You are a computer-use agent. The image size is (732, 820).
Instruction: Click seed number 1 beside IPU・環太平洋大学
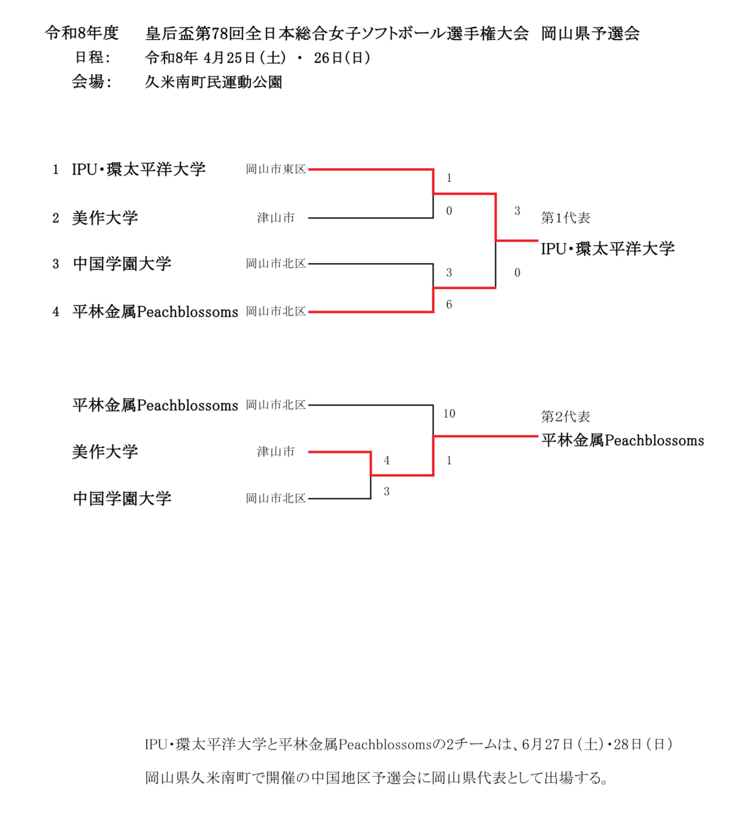pyautogui.click(x=56, y=170)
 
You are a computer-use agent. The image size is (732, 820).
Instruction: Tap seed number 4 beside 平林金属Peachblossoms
pyautogui.click(x=56, y=312)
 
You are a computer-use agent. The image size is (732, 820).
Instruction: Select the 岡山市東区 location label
pyautogui.click(x=276, y=169)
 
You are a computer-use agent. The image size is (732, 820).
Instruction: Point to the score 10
pyautogui.click(x=449, y=414)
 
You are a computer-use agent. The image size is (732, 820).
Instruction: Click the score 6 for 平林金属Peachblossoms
pyautogui.click(x=449, y=305)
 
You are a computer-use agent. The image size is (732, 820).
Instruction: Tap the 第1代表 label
pyautogui.click(x=565, y=218)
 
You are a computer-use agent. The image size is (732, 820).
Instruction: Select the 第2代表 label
pyautogui.click(x=565, y=417)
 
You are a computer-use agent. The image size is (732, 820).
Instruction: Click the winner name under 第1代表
pyautogui.click(x=607, y=249)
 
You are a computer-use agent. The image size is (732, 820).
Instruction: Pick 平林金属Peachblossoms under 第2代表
pyautogui.click(x=622, y=440)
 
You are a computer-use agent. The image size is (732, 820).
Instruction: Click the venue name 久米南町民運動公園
pyautogui.click(x=213, y=82)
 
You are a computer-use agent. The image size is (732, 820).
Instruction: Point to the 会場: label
pyautogui.click(x=91, y=82)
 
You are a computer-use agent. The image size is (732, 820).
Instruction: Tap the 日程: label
pyautogui.click(x=92, y=57)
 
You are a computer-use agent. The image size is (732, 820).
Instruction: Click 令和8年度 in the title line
pyautogui.click(x=82, y=33)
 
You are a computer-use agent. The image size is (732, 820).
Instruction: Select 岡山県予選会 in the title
pyautogui.click(x=590, y=33)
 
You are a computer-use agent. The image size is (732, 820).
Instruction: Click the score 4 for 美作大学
pyautogui.click(x=386, y=461)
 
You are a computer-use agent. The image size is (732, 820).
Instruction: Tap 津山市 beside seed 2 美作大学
pyautogui.click(x=276, y=218)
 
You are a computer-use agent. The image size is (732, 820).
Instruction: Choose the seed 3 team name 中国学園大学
pyautogui.click(x=122, y=264)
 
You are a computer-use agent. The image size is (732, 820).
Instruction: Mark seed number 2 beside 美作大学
pyautogui.click(x=56, y=219)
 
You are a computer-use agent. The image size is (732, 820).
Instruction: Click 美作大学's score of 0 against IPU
pyautogui.click(x=449, y=211)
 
